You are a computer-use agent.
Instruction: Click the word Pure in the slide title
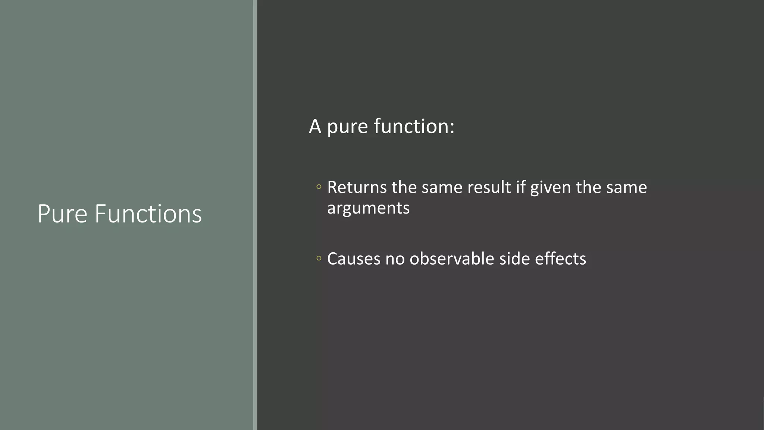click(x=62, y=214)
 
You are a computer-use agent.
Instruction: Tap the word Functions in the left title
click(x=148, y=214)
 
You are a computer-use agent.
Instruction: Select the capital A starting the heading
click(x=315, y=127)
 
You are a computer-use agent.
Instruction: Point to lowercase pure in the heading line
click(x=348, y=127)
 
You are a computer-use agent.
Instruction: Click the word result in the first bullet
click(x=489, y=187)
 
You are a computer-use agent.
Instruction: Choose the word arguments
click(x=368, y=209)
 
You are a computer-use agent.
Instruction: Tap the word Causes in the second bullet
click(x=354, y=259)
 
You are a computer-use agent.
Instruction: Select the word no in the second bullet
click(x=395, y=259)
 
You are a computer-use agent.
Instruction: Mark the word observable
click(x=452, y=259)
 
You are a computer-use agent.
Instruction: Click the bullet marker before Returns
click(x=319, y=187)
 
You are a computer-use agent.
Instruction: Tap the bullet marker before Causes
click(x=319, y=258)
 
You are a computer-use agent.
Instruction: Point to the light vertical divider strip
click(x=255, y=215)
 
